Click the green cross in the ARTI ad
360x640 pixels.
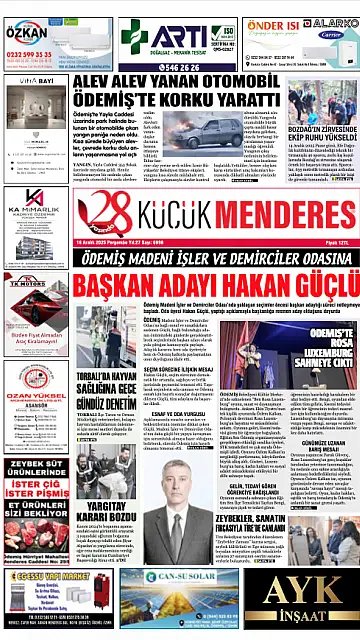135,36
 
